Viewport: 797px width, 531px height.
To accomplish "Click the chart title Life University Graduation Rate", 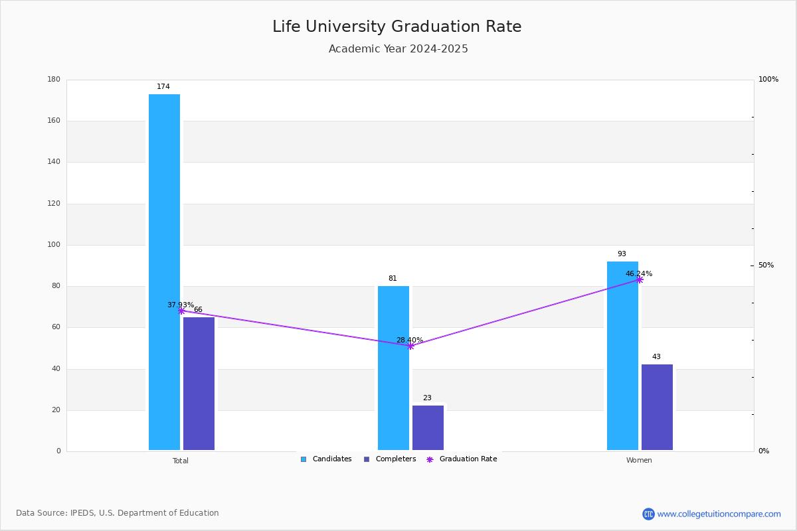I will coord(397,27).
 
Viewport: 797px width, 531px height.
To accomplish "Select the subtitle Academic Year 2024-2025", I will coord(398,49).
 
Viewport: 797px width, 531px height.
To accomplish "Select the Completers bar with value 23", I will coord(428,428).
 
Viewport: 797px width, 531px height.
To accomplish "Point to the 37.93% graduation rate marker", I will coord(181,311).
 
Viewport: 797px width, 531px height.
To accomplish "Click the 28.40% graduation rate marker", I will coord(410,346).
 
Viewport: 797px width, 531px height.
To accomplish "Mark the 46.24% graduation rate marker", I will coord(640,279).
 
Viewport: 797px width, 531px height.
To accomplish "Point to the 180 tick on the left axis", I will coord(54,80).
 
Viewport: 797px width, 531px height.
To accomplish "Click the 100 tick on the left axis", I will coord(54,245).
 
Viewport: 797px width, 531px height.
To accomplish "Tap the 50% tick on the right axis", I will coord(766,265).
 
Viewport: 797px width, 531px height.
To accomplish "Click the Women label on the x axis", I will coord(639,461).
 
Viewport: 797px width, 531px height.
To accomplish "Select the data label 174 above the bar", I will coord(163,87).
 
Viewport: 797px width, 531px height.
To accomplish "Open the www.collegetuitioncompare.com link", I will coord(719,514).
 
